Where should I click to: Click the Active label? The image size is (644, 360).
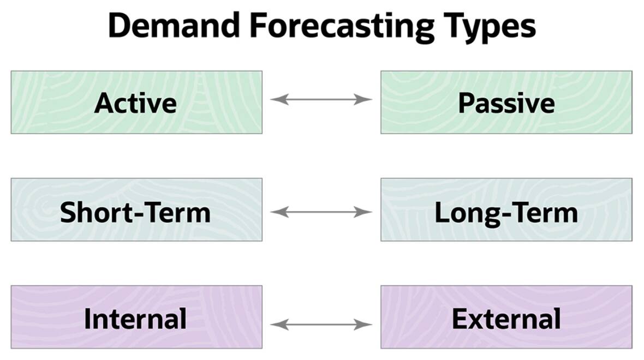tap(135, 103)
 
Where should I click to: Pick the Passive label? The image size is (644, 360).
tap(506, 103)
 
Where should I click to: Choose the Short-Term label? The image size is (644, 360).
tap(135, 212)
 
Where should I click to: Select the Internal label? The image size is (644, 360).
tap(135, 319)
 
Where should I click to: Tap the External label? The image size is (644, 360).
tap(506, 319)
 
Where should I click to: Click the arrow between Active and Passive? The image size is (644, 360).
tap(321, 99)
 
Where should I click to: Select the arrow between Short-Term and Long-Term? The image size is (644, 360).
tap(321, 212)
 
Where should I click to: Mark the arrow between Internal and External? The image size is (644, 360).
tap(321, 325)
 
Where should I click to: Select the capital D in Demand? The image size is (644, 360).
tap(120, 26)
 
